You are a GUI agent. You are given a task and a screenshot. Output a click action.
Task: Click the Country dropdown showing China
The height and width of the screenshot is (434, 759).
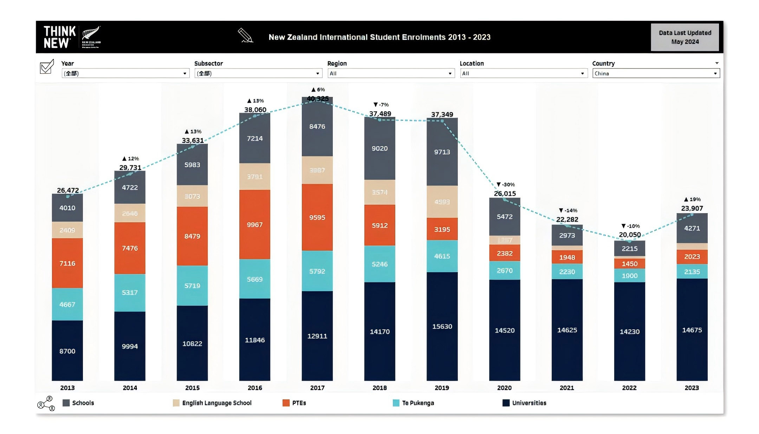[x=656, y=73]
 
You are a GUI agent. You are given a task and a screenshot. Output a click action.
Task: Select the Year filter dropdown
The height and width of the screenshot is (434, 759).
[x=125, y=73]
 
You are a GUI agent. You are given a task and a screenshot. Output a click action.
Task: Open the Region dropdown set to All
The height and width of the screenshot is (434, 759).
[x=391, y=73]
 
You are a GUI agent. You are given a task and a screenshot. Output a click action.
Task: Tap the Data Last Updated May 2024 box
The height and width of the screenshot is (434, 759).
[x=685, y=37]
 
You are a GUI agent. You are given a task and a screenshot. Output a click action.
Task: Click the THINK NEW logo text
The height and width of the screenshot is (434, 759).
[x=59, y=37]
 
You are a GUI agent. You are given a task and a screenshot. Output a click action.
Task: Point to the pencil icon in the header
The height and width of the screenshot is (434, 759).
[x=245, y=35]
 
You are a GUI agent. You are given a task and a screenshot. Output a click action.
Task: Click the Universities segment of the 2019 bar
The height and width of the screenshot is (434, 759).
[x=442, y=326]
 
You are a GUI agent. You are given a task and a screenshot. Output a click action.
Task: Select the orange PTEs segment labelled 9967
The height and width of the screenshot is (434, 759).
[x=255, y=225]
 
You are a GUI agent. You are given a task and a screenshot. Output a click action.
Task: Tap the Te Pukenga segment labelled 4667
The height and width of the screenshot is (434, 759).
[x=67, y=304]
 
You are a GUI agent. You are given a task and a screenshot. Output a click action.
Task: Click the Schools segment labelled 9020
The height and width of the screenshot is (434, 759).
[x=379, y=149]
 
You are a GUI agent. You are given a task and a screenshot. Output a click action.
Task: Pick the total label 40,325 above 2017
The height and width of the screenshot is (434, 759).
[x=317, y=99]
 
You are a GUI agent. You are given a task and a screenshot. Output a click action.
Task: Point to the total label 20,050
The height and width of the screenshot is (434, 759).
[x=629, y=235]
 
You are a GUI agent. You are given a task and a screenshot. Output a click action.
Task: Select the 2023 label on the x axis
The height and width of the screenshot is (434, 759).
[x=692, y=388]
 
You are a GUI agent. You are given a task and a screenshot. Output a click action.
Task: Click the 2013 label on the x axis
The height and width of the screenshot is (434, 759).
[x=67, y=388]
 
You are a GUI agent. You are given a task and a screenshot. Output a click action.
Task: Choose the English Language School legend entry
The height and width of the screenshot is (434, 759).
[x=216, y=403]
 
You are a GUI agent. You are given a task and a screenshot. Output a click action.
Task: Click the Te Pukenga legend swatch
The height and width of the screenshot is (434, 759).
[x=396, y=403]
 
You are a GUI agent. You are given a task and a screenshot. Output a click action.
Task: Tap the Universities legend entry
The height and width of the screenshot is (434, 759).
[x=529, y=403]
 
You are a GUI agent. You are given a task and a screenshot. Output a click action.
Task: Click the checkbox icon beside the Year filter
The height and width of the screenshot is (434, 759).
[x=47, y=66]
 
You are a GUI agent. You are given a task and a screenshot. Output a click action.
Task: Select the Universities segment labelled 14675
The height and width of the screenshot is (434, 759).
[x=692, y=330]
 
